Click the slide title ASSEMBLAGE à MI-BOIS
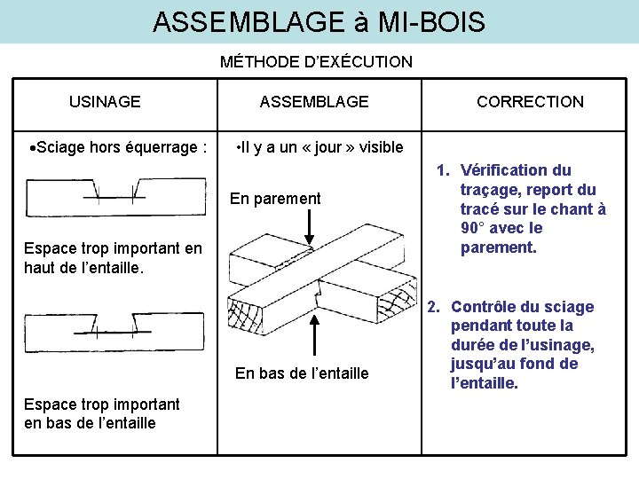319,21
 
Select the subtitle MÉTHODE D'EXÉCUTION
316,62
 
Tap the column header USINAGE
105,101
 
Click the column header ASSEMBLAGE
314,101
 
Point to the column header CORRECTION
530,101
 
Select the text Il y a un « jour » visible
319,146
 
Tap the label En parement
275,199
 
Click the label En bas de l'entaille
302,373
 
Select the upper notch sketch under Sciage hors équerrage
115,195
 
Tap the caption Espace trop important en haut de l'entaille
113,257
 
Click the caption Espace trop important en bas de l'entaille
102,413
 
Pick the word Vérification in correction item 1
504,170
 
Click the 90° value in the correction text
471,228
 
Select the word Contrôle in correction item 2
486,307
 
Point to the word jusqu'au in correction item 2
482,365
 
